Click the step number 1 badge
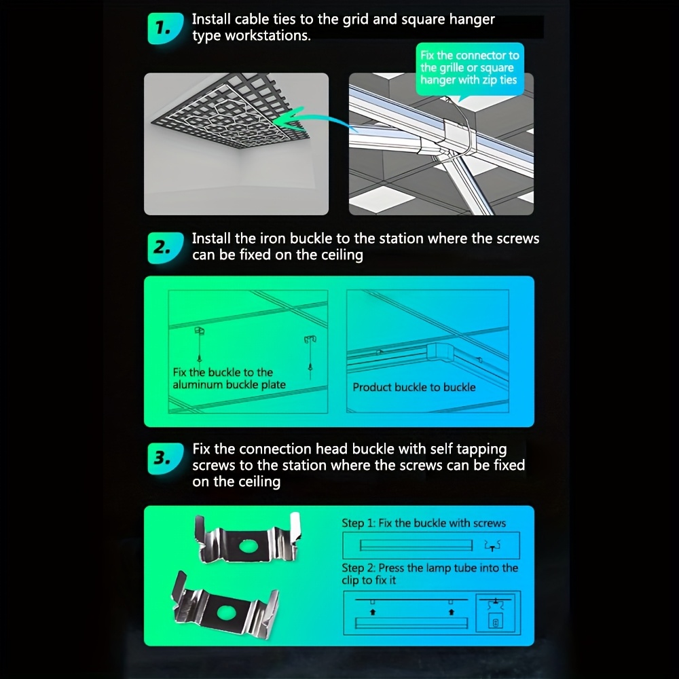[165, 29]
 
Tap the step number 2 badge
[165, 248]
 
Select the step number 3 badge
[165, 458]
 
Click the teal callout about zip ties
[469, 69]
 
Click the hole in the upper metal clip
[248, 547]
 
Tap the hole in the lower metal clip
[225, 612]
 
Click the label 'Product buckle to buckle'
[414, 387]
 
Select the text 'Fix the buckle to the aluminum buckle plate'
[229, 378]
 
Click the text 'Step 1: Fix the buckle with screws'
[424, 523]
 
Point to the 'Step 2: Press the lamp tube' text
[430, 568]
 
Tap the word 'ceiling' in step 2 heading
[342, 255]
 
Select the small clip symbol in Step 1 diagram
[492, 546]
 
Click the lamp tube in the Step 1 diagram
[416, 545]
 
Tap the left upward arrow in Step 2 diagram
[373, 612]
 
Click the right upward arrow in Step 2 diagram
[452, 612]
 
